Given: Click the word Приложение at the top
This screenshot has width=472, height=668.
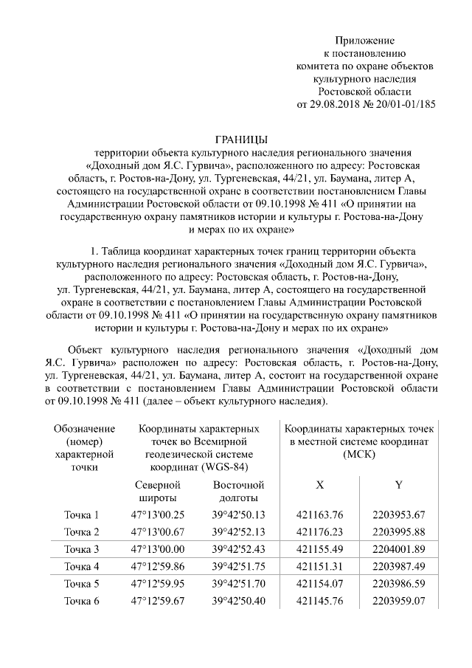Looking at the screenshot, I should coord(365,40).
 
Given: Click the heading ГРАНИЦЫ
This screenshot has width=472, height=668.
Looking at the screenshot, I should coord(241,140).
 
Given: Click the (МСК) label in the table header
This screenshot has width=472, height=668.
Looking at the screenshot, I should coord(361,453).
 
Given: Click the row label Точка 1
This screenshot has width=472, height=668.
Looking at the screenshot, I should coord(82,514).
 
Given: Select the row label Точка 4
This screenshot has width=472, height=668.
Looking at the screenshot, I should coord(82,567).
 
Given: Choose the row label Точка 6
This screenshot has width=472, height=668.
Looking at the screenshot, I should coord(82,602).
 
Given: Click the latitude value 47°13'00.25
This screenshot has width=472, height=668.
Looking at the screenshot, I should coord(158,514).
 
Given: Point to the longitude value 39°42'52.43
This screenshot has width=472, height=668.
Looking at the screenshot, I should coord(238,549).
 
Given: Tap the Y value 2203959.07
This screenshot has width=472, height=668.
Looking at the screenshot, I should coord(400,602).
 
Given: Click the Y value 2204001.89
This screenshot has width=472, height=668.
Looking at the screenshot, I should coord(400,549).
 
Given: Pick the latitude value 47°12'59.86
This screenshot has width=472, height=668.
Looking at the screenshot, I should coord(158,567).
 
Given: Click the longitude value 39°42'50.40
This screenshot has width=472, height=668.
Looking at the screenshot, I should coord(238,602).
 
